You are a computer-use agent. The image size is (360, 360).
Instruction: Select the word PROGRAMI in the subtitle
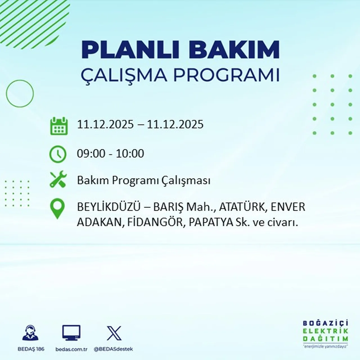click(226, 75)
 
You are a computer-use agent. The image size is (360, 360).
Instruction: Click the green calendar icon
click(59, 126)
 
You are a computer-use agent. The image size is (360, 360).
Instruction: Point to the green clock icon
click(58, 154)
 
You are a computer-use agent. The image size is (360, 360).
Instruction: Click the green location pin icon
click(57, 209)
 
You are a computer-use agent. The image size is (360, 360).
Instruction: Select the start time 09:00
click(91, 154)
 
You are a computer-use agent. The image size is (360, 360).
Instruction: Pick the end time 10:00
click(130, 154)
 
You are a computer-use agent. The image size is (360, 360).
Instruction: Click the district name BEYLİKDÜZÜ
click(109, 207)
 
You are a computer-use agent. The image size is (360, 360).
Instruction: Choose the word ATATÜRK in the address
click(242, 207)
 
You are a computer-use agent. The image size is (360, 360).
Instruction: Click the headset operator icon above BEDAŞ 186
click(30, 333)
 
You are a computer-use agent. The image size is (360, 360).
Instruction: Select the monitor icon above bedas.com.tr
click(71, 333)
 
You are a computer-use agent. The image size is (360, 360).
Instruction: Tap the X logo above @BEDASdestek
click(114, 333)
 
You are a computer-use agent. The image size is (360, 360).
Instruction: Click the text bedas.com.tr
click(71, 349)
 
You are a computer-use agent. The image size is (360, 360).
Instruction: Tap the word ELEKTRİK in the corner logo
click(325, 331)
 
